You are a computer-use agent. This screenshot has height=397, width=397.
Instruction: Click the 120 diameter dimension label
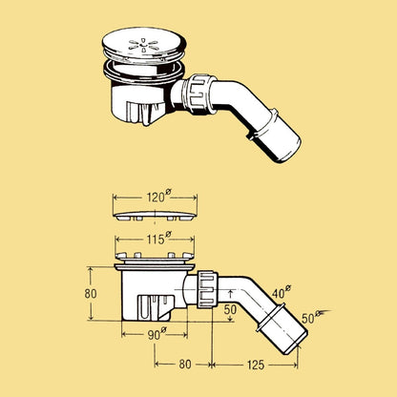pos(158,197)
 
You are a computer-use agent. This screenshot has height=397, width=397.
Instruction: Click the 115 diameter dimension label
pos(158,239)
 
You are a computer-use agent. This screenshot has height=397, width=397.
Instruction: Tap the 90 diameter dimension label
pos(157,334)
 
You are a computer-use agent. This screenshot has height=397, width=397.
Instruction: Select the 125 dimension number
pos(256,365)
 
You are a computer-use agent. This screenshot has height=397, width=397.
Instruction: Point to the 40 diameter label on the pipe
pos(282,292)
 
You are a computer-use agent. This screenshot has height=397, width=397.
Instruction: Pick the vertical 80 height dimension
pos(91,293)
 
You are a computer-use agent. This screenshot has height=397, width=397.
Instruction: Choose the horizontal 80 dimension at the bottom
pos(185,365)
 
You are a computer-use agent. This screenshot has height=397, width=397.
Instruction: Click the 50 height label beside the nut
pos(230,309)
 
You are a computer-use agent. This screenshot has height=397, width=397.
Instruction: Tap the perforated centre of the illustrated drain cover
pos(143,45)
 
